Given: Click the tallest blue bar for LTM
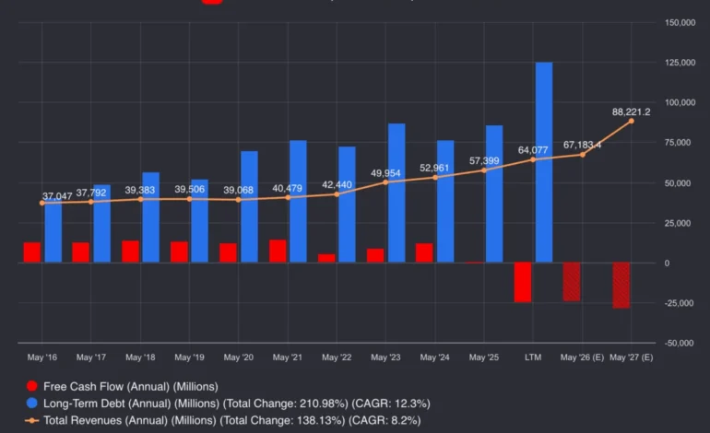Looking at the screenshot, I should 544,162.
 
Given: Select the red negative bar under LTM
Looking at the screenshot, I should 523,282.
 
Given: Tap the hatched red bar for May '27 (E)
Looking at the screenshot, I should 621,286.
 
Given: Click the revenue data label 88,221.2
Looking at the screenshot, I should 632,111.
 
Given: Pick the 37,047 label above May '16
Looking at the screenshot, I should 56,196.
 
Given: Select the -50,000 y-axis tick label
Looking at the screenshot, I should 678,343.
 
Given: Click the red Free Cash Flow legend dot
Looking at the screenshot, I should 32,386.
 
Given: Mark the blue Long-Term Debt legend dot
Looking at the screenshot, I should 32,403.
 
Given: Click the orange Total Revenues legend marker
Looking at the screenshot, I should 32,419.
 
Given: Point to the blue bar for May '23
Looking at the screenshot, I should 396,193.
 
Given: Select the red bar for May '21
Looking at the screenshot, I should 278,252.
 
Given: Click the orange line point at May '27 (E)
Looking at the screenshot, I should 632,121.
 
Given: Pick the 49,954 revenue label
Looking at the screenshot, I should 386,172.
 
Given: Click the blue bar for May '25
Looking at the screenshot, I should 494,194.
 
